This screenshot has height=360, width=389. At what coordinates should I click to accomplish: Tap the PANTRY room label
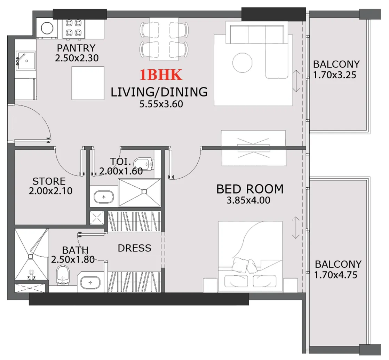click(76, 48)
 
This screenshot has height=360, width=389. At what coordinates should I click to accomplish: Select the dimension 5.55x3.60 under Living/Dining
click(161, 104)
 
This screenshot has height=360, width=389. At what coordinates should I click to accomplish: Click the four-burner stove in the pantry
click(73, 29)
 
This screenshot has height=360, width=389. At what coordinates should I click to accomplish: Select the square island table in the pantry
click(88, 83)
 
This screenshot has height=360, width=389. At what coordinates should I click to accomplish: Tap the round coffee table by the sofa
click(243, 63)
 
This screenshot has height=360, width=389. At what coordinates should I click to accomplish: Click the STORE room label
click(49, 181)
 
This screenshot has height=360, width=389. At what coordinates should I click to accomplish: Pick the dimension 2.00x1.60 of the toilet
click(121, 171)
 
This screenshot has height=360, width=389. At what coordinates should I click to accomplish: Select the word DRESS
click(134, 248)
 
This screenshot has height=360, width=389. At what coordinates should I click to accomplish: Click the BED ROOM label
click(250, 189)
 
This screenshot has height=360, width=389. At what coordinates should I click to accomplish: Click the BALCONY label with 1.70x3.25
click(336, 64)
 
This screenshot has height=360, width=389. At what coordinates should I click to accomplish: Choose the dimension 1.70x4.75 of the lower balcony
click(335, 275)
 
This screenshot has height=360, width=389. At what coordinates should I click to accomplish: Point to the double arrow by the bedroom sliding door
click(296, 228)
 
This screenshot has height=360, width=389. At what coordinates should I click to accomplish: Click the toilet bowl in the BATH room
click(63, 275)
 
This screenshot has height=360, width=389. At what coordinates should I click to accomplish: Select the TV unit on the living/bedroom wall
click(253, 148)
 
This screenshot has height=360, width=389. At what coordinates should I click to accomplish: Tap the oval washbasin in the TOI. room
click(104, 197)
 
